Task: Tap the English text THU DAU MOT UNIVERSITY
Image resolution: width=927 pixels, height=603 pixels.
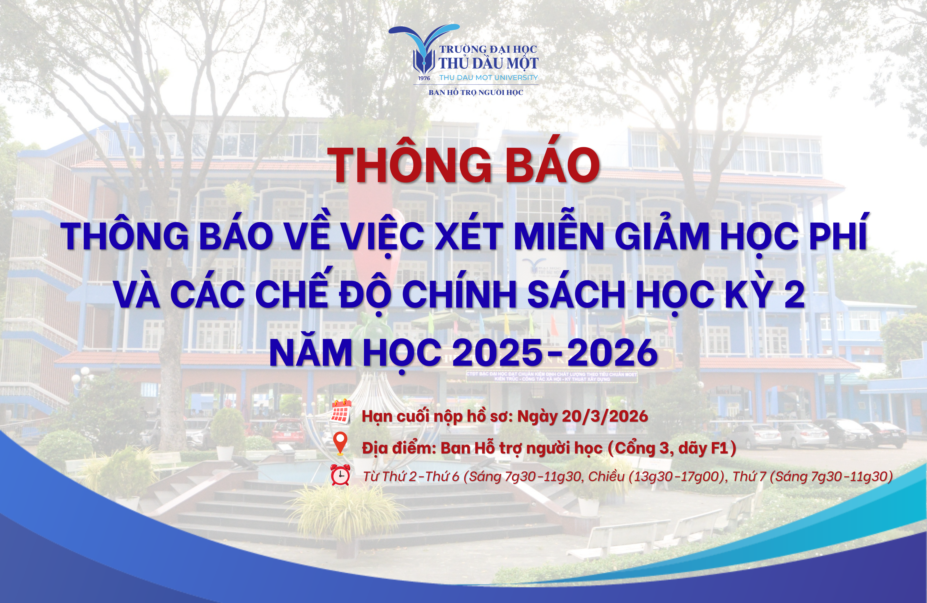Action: pyautogui.click(x=488, y=78)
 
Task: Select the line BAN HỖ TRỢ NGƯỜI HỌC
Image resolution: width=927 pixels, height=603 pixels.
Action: pyautogui.click(x=476, y=92)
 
